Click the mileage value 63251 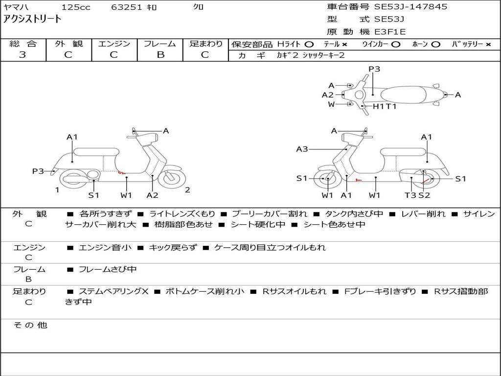coord(126,7)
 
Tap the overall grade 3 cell coord(23,55)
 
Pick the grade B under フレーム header coord(160,55)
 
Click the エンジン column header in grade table coord(114,44)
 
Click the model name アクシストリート coord(32,19)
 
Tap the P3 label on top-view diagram coord(374,69)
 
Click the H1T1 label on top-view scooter coord(385,106)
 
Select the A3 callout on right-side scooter coord(302,149)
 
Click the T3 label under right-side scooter coord(410,195)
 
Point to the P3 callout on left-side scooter coord(38,171)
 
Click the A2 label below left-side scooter coord(153,195)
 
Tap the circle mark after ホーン coord(435,44)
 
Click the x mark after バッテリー coord(488,44)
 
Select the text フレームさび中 coord(108,269)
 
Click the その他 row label coord(30,325)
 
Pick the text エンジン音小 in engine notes coord(105,248)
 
